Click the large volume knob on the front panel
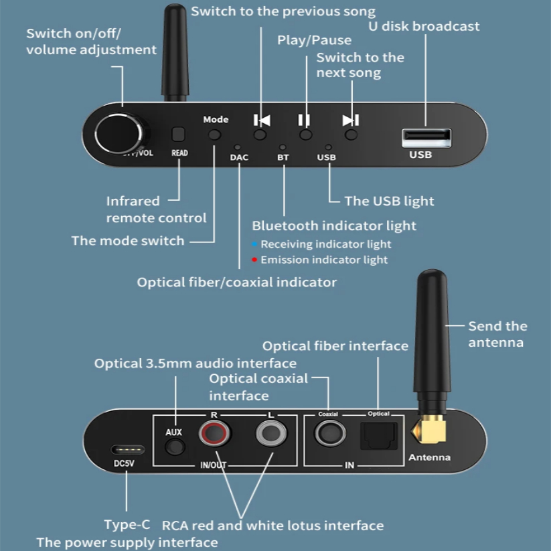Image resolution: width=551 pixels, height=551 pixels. (x=120, y=133)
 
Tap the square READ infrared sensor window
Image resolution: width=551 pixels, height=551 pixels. (x=178, y=134)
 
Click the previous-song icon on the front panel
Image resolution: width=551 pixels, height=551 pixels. (x=262, y=121)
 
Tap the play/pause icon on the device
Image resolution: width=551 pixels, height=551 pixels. (x=305, y=121)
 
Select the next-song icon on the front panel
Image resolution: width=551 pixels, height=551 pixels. (x=351, y=121)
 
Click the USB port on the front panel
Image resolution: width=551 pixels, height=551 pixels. (x=426, y=137)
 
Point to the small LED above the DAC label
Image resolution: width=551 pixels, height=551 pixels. (x=238, y=147)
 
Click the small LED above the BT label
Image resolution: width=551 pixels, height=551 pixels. (x=283, y=147)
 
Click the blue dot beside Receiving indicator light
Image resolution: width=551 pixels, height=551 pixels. (x=254, y=244)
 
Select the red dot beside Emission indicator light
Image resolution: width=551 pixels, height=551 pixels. (x=254, y=260)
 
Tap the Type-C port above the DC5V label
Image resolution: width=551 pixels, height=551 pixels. (x=128, y=449)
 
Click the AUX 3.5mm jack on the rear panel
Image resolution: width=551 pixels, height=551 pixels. (x=175, y=447)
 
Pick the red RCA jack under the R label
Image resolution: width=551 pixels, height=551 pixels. (x=214, y=433)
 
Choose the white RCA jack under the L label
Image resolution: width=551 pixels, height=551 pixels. (x=271, y=433)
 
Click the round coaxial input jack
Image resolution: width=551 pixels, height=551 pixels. (x=330, y=433)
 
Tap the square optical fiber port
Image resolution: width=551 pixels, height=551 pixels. (x=379, y=436)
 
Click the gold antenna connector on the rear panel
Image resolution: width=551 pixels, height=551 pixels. (x=429, y=428)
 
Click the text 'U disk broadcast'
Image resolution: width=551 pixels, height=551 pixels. (x=424, y=26)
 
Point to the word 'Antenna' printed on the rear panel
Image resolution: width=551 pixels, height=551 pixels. (x=429, y=457)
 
